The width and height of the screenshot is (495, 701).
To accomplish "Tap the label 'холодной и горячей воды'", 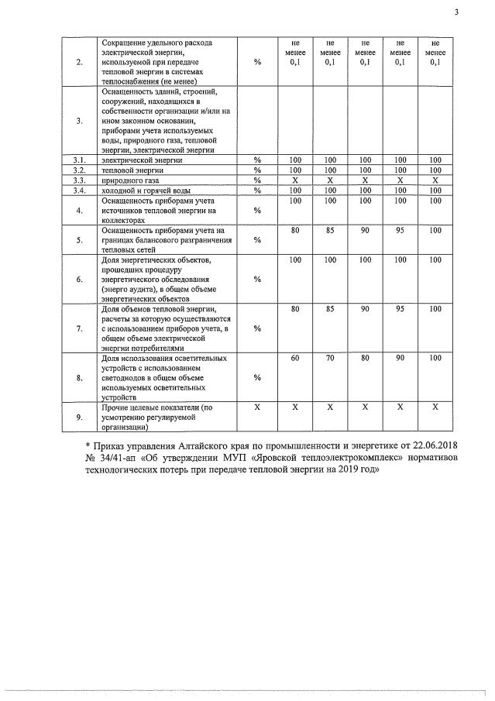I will point(144,190).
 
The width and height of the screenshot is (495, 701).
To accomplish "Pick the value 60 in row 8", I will point(294,359).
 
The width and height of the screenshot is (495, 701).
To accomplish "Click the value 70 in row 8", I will point(331,359).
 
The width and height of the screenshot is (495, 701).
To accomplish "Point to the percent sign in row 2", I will point(257,63).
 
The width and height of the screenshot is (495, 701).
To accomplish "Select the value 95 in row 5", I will point(400,230).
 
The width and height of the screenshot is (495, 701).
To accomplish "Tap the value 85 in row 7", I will point(331,309).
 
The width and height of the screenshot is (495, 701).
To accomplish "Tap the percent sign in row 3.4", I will point(257,190).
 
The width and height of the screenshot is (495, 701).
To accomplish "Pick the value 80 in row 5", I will point(294,230).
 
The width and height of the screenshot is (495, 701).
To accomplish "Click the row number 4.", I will point(79,210).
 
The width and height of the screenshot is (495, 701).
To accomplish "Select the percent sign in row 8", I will point(257,377).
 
